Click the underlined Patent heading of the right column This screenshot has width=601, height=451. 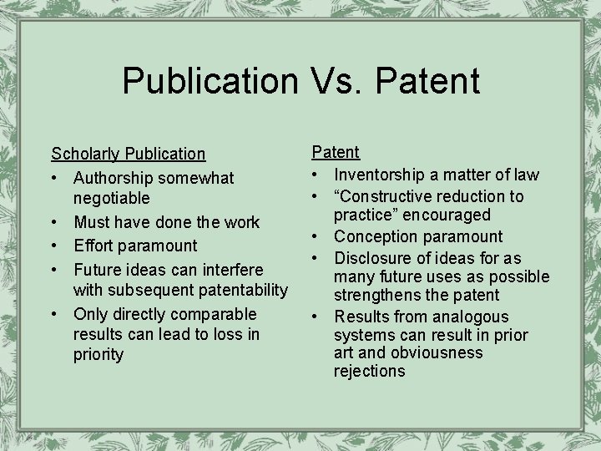point(336,152)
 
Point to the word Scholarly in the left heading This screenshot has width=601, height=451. point(85,154)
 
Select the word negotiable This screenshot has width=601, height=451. point(112,199)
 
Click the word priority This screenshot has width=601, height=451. point(98,354)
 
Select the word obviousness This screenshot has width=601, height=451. point(440,352)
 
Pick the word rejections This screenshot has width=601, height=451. point(369,372)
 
